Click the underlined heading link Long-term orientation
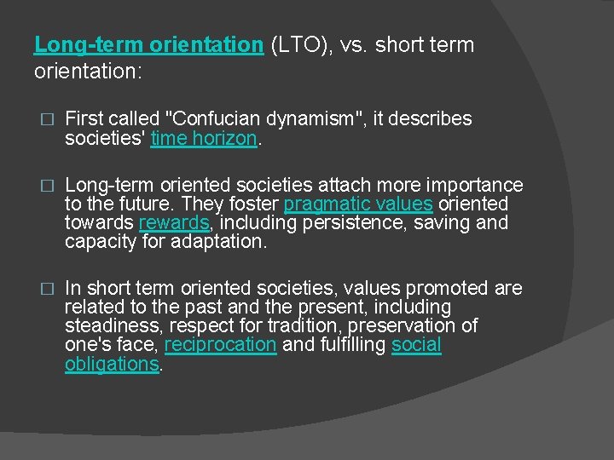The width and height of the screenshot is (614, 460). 148,45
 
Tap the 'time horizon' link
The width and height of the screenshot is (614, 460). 203,138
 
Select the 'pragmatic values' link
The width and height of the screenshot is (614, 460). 358,204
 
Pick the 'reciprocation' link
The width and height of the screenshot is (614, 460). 220,345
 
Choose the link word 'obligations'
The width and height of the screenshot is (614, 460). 112,365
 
